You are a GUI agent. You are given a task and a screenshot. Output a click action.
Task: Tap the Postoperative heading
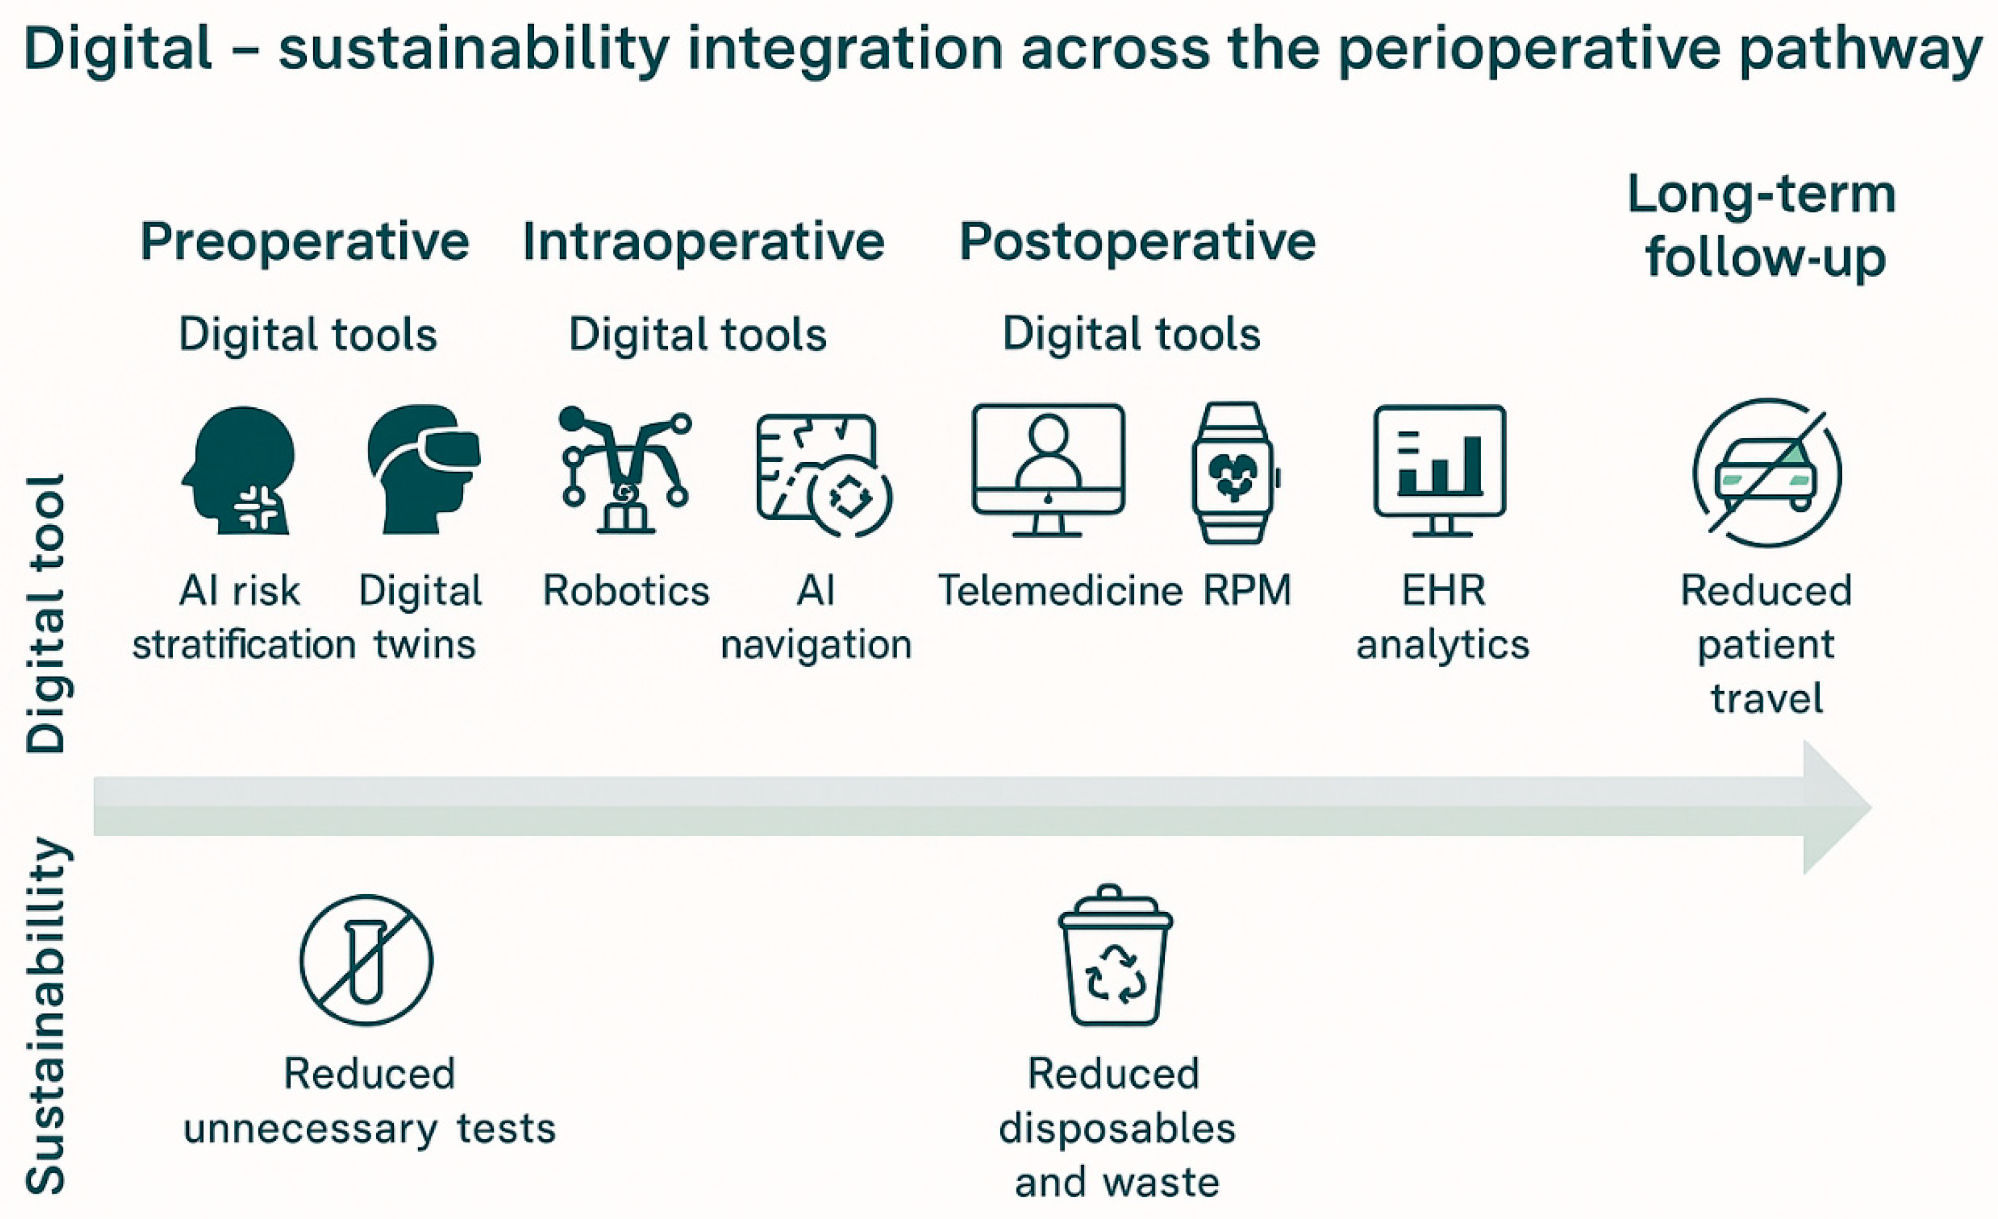1137,243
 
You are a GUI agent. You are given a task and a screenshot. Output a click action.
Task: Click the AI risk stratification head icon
239,470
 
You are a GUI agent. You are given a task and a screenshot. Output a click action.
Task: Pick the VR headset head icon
423,469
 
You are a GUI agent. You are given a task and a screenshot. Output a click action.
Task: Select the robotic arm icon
624,469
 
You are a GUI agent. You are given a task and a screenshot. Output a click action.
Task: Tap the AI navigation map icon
824,474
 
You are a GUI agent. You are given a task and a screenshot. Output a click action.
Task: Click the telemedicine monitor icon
1049,470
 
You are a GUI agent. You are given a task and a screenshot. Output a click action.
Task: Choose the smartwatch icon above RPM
1234,473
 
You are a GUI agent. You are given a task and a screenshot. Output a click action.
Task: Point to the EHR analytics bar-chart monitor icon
1440,470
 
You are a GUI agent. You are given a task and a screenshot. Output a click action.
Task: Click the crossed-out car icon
1768,473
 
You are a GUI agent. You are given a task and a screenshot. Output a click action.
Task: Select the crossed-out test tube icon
367,960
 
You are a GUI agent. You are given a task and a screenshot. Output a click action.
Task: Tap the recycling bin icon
1116,954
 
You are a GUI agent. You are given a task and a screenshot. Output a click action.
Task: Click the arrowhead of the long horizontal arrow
1838,807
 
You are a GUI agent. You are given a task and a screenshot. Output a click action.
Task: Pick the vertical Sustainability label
47,1017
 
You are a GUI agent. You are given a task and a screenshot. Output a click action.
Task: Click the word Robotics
626,590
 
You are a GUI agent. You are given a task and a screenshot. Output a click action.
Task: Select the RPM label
1247,590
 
